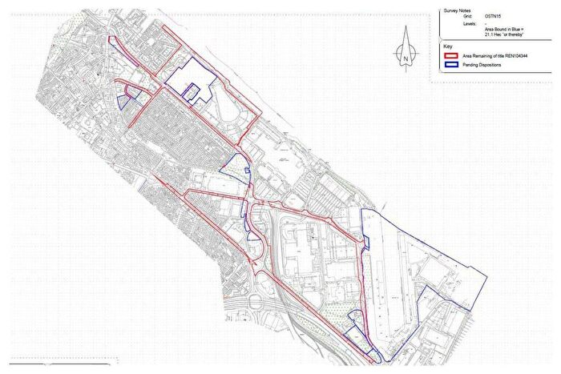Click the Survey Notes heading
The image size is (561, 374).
pos(458,10)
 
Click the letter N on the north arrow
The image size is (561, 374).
pos(407,58)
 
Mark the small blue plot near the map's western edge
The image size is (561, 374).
pos(123,101)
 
